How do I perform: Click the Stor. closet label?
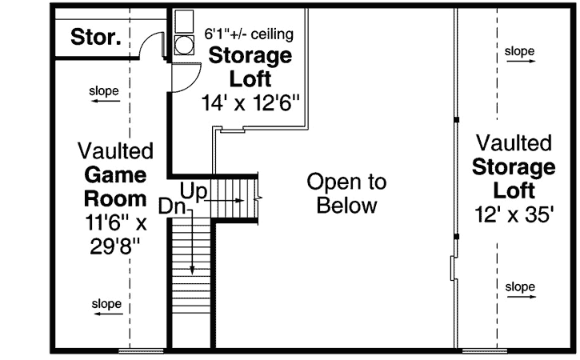pyautogui.click(x=95, y=38)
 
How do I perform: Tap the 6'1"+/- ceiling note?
pyautogui.click(x=250, y=34)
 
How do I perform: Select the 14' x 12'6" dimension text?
pyautogui.click(x=250, y=102)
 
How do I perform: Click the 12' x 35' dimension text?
pyautogui.click(x=513, y=215)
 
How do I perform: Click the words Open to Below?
pyautogui.click(x=346, y=194)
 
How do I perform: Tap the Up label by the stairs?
pyautogui.click(x=195, y=191)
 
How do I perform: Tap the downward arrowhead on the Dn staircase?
pyautogui.click(x=192, y=270)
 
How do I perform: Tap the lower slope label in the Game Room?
pyautogui.click(x=106, y=304)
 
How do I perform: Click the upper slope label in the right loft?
pyautogui.click(x=519, y=52)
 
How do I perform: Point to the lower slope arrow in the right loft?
pyautogui.click(x=519, y=298)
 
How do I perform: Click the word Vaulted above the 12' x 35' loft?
pyautogui.click(x=514, y=143)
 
